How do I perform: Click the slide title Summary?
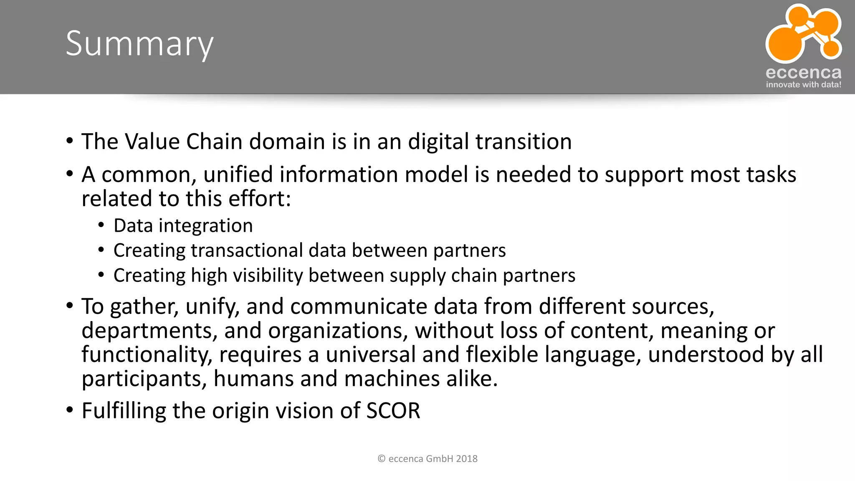(139, 44)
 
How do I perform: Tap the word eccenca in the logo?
(803, 73)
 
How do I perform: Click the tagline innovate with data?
(803, 85)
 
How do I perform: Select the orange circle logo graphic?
(802, 33)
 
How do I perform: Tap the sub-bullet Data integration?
(183, 226)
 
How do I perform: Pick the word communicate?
(358, 306)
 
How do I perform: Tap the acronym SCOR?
(393, 410)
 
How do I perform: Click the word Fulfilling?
(124, 411)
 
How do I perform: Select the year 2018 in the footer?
(467, 459)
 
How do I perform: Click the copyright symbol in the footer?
(381, 459)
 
